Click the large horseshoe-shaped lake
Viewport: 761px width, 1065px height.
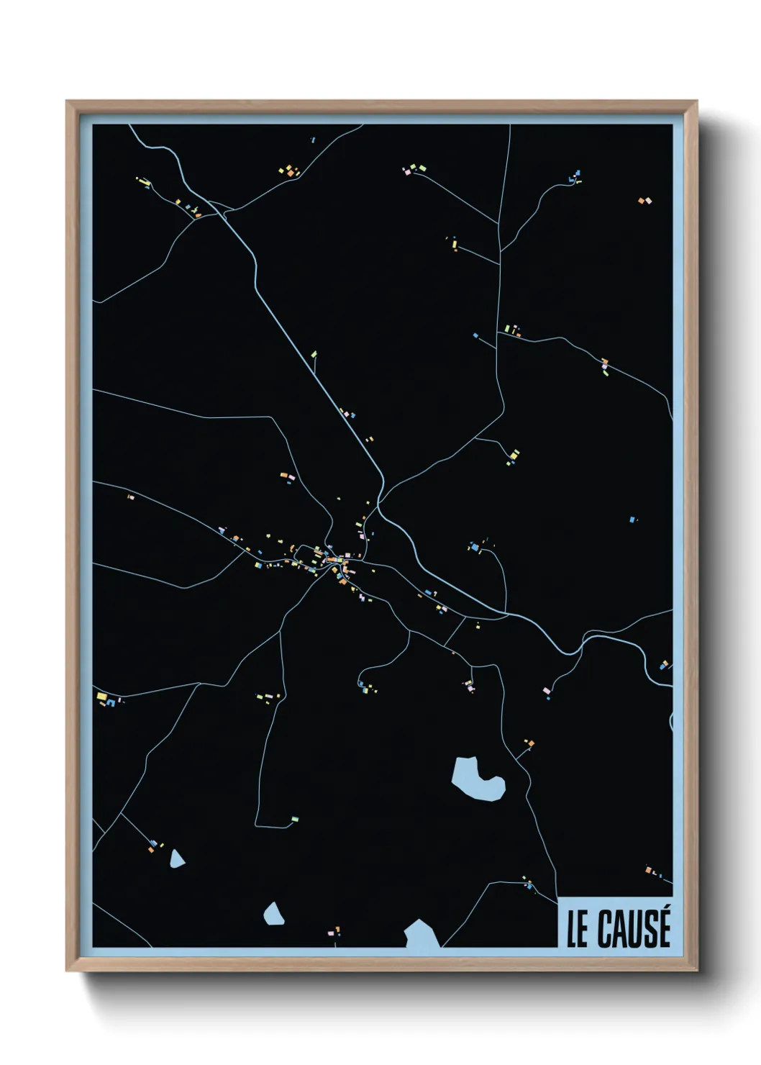[x=475, y=779]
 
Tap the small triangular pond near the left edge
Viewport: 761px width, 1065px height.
[x=176, y=858]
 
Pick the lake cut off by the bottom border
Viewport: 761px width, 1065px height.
[x=421, y=935]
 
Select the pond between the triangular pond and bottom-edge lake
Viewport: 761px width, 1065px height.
[x=273, y=914]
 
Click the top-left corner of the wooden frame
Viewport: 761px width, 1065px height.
[x=68, y=101]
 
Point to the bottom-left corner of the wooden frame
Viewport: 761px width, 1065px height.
[x=68, y=970]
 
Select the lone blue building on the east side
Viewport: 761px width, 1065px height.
[x=632, y=519]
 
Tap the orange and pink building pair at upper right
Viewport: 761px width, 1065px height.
[x=644, y=201]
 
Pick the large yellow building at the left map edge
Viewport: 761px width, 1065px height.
[x=101, y=697]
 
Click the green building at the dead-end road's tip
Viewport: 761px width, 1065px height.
[x=294, y=819]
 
